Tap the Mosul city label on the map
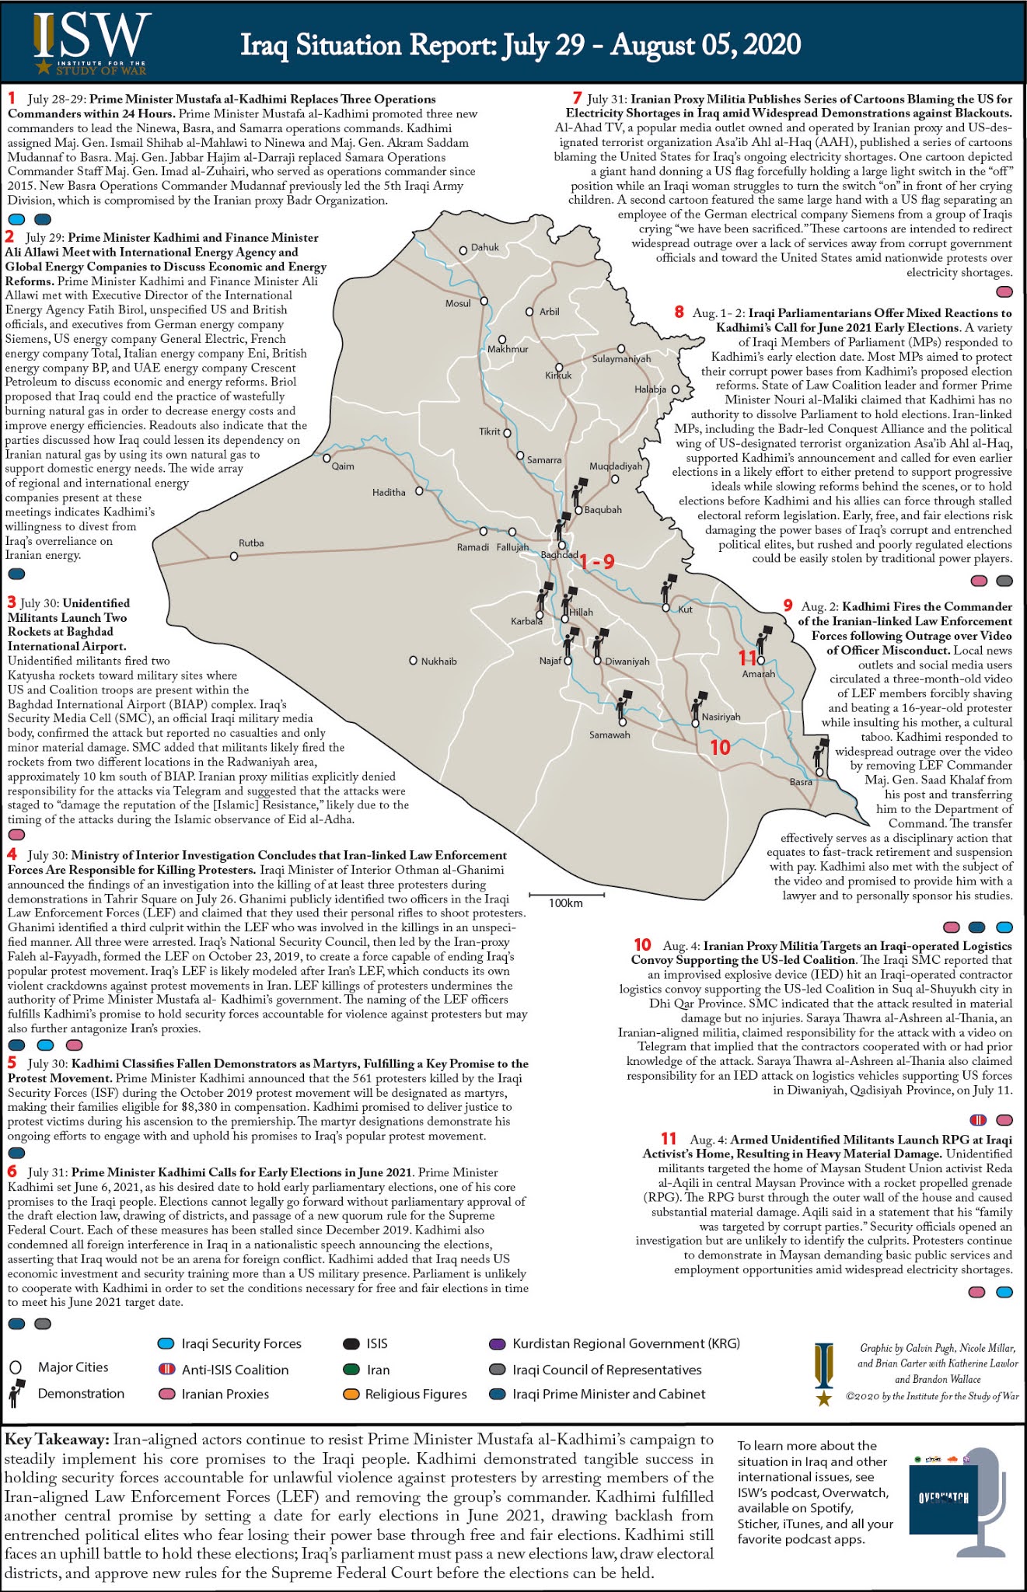(x=458, y=303)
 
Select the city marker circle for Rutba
(x=234, y=557)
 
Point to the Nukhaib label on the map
(x=438, y=662)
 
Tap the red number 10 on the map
(x=721, y=747)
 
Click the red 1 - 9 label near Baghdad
(x=597, y=561)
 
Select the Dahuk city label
(x=484, y=247)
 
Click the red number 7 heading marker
(x=577, y=98)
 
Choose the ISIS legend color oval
(x=351, y=1343)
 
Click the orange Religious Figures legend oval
(x=351, y=1395)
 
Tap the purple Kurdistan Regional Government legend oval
(x=497, y=1343)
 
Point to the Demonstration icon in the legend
(x=16, y=1394)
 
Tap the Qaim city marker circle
(x=327, y=459)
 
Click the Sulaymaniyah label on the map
(x=621, y=359)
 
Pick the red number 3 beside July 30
(x=12, y=602)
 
